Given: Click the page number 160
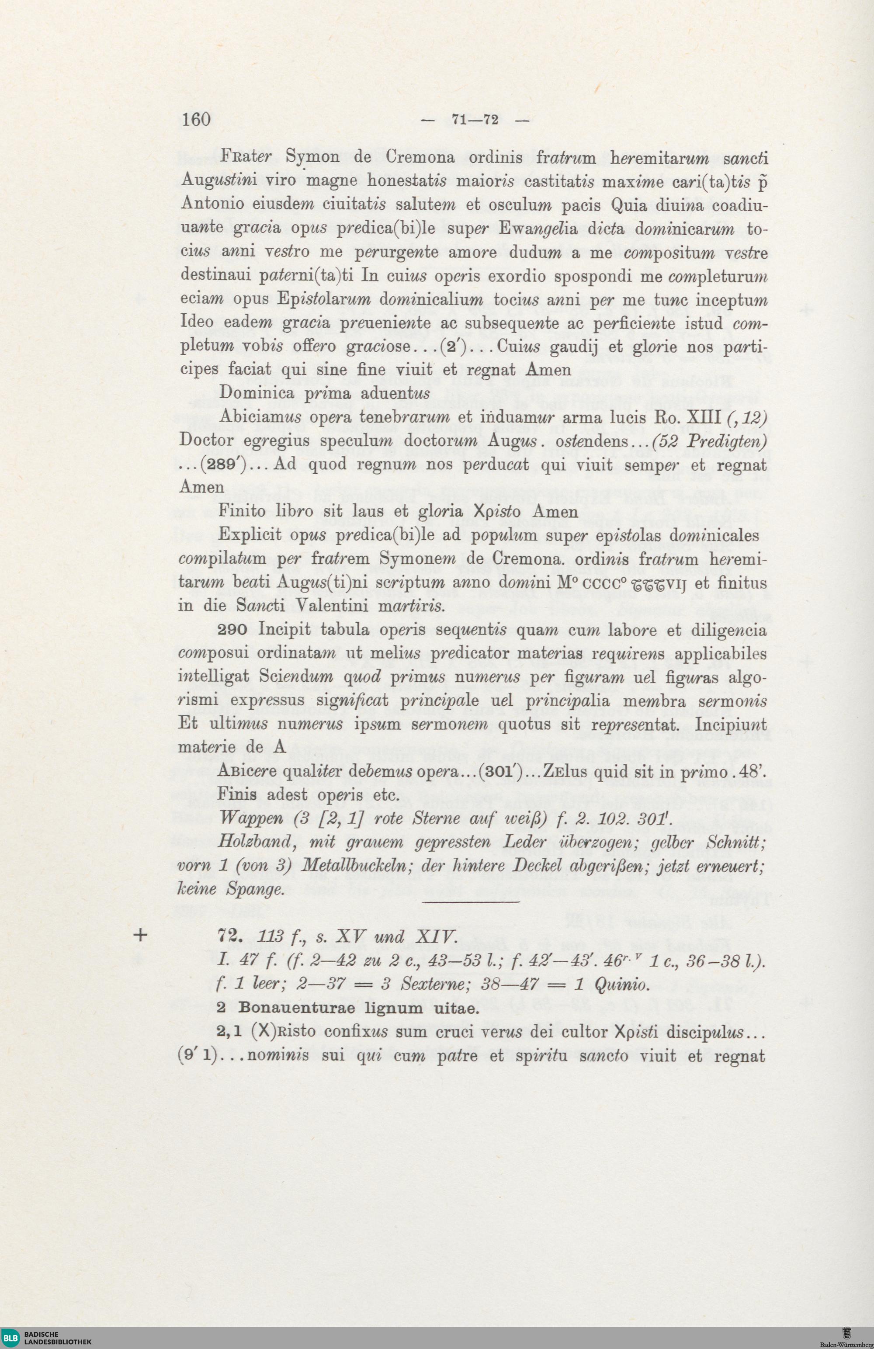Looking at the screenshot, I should click(x=196, y=120).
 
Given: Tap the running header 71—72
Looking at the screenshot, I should click(x=475, y=120).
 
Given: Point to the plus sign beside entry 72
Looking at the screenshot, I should click(x=142, y=935).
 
